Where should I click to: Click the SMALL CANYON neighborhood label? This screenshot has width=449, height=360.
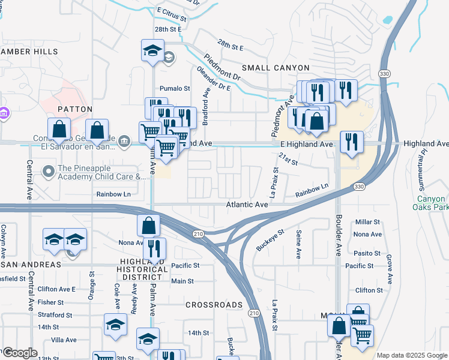coord(276,68)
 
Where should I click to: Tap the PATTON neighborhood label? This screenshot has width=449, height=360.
coord(74,109)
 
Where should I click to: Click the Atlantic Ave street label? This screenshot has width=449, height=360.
coord(246,205)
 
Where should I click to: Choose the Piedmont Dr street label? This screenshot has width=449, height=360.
coord(222,68)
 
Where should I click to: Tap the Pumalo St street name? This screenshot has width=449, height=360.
coord(174,88)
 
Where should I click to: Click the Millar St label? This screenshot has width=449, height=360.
coord(368,222)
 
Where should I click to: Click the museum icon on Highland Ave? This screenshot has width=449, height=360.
coord(124,141)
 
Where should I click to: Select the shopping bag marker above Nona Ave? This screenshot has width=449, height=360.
coord(149,226)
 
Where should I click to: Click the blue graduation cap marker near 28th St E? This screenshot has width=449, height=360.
coord(153,50)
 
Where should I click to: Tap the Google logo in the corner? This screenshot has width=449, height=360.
coord(20,353)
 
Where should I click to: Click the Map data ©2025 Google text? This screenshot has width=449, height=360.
coord(412,355)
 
